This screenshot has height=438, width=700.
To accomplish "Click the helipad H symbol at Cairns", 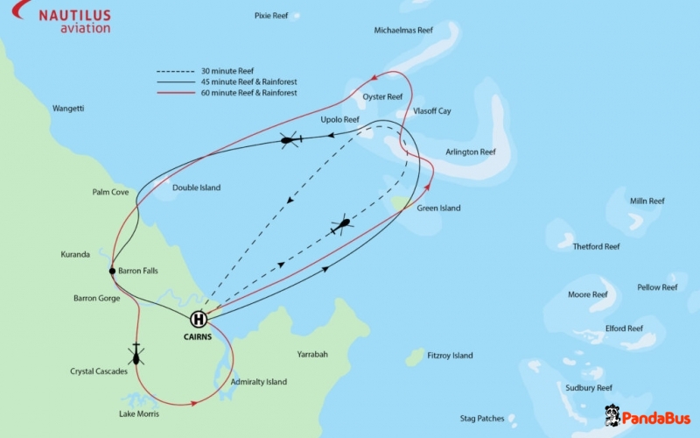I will [x=199, y=319].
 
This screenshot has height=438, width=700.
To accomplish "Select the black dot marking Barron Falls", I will [x=112, y=271].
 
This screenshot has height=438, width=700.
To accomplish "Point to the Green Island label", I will [x=438, y=208].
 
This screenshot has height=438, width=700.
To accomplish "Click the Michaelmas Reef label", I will [x=403, y=30].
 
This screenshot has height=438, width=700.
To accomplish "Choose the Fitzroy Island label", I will [x=450, y=356].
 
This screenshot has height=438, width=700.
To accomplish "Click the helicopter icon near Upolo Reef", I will [x=290, y=139].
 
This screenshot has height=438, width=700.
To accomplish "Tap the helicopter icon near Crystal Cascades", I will [x=136, y=354].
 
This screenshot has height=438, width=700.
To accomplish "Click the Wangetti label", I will [x=68, y=109].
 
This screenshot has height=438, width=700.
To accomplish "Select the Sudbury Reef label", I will [x=589, y=387].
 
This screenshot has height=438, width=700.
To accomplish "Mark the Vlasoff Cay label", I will [x=432, y=111].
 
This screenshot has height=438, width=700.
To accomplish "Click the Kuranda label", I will [x=75, y=255].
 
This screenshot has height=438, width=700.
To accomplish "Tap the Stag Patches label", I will [x=482, y=419].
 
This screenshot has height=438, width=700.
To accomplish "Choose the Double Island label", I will [x=197, y=187].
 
